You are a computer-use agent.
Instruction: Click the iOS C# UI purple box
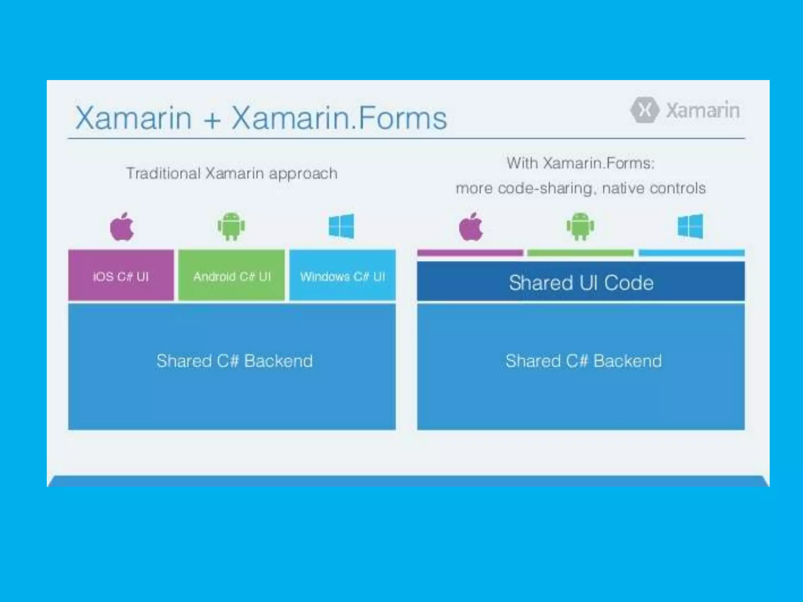tap(121, 275)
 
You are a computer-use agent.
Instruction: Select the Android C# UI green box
tap(231, 275)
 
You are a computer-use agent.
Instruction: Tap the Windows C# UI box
tap(342, 275)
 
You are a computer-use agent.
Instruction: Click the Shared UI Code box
tap(581, 282)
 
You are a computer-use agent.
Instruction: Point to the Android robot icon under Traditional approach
tap(231, 226)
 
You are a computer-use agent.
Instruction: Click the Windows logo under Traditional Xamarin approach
tap(342, 226)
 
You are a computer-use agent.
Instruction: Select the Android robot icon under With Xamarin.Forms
tap(580, 226)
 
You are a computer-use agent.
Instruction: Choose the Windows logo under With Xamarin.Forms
tap(690, 226)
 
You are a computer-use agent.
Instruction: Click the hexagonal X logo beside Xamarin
tap(645, 110)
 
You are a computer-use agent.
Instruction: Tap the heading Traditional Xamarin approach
tap(232, 173)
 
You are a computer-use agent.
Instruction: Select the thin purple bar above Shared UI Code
tap(470, 253)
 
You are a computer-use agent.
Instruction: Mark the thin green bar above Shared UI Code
tap(580, 253)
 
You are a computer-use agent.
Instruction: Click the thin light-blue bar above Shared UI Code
tap(691, 253)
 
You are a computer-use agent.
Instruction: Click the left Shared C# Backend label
tap(234, 361)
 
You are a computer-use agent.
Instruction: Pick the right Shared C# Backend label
tap(583, 361)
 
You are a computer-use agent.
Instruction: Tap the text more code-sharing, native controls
tap(581, 189)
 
